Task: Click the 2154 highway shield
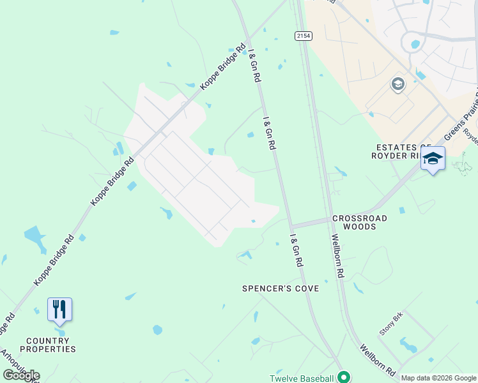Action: click(x=304, y=36)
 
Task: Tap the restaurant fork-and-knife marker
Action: click(x=59, y=310)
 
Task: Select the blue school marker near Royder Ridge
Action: click(x=433, y=159)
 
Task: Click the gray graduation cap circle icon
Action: click(x=398, y=84)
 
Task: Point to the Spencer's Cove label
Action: click(x=280, y=289)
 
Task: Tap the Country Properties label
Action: click(x=48, y=345)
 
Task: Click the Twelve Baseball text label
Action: click(x=301, y=377)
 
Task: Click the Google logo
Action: click(x=21, y=375)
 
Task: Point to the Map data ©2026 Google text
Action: click(x=438, y=378)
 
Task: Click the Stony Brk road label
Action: click(x=391, y=327)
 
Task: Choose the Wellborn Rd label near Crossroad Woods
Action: click(x=337, y=255)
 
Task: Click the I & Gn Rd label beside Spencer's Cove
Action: click(x=296, y=251)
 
